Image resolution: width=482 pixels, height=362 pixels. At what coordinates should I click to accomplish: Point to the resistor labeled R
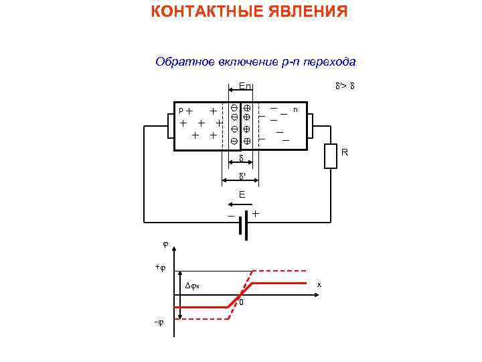click(330, 156)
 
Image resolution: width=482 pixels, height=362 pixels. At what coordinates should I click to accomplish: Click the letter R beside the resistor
click(345, 153)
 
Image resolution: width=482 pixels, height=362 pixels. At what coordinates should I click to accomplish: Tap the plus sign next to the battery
click(256, 213)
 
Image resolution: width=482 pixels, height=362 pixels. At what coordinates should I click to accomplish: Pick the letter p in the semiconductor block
click(179, 109)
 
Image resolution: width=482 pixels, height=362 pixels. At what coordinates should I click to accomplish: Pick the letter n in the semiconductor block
click(295, 109)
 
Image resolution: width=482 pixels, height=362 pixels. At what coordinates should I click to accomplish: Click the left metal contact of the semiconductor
click(169, 126)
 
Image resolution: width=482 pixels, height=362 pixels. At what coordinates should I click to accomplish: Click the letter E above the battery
click(242, 195)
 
